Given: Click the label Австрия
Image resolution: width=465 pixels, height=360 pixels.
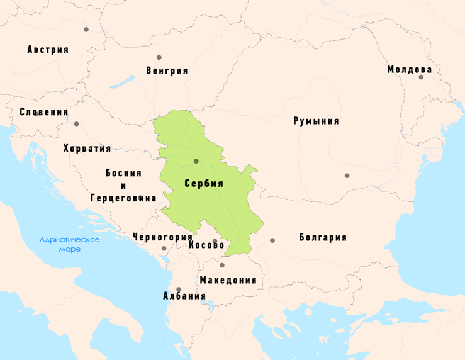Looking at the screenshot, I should [x=48, y=50].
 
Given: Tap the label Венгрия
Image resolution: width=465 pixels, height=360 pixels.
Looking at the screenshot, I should [x=167, y=70].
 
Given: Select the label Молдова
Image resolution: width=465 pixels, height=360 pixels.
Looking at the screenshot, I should [x=410, y=69].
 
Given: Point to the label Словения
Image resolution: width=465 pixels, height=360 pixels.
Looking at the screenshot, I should [x=43, y=112].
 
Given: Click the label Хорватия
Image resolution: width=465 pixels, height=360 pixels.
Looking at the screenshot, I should [x=87, y=149].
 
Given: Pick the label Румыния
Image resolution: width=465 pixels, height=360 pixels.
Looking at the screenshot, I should [x=316, y=121].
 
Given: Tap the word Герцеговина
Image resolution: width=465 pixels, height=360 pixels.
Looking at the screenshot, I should [x=123, y=198].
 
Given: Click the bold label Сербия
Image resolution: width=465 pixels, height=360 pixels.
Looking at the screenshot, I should [x=204, y=183].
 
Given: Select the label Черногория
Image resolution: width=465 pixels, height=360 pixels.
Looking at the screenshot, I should [x=162, y=237].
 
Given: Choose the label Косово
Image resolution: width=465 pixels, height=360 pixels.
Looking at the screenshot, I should [x=206, y=245].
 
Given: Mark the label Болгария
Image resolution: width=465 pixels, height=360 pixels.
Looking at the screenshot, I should [x=323, y=237].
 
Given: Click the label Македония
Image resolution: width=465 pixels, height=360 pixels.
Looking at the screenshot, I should [x=228, y=280].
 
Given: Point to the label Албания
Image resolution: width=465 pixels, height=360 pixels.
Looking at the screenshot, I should [x=184, y=296].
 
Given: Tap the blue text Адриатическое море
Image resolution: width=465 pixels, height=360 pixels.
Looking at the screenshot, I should [x=69, y=244].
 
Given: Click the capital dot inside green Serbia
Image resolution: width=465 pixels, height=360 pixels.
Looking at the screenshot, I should [x=196, y=161].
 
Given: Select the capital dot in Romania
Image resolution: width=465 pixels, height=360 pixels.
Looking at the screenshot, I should [x=347, y=176].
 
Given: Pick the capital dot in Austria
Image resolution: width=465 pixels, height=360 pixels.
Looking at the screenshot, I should [x=86, y=30].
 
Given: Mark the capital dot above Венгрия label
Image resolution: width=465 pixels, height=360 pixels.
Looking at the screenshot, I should [x=159, y=57].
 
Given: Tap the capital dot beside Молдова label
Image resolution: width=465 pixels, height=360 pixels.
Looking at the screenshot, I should [x=421, y=77].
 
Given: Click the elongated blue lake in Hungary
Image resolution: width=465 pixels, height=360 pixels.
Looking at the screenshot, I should [x=123, y=82].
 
